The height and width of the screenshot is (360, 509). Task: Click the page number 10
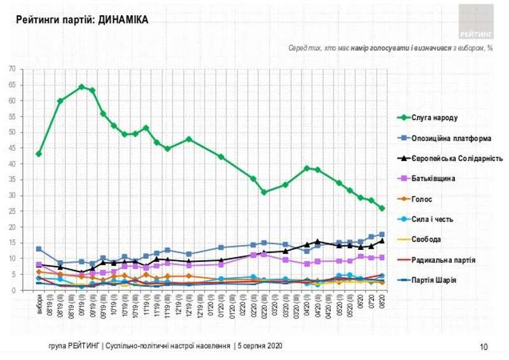pyautogui.click(x=484, y=347)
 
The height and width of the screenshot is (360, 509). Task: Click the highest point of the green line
pyautogui.click(x=81, y=87)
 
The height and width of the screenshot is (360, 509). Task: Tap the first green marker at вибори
pyautogui.click(x=39, y=154)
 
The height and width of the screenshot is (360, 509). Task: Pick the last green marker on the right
pyautogui.click(x=382, y=208)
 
